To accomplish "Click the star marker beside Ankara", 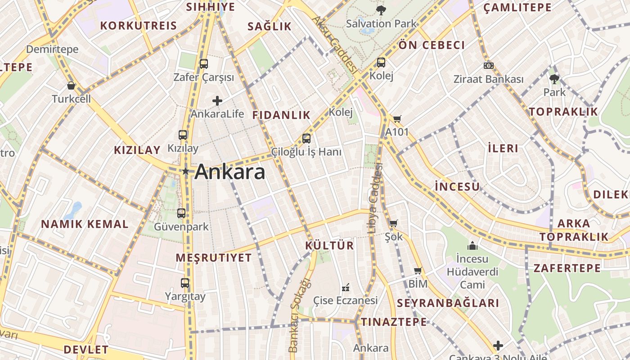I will (185, 171).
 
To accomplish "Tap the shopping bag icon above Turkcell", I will (71, 85).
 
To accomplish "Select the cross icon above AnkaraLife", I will (217, 101).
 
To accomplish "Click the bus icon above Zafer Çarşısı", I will (204, 64).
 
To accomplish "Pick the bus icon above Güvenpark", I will (181, 213).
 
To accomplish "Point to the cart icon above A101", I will (397, 119).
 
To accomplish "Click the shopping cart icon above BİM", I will (418, 271).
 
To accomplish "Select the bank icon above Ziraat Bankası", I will (489, 66).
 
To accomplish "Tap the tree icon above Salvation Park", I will (381, 10).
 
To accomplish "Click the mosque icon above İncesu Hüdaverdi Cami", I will (472, 246).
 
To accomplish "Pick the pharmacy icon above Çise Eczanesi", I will (346, 287).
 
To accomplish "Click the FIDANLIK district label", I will (281, 115).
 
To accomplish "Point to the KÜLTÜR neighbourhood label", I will (329, 246).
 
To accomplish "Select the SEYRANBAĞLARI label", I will (448, 303).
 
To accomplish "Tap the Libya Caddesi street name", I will (374, 198).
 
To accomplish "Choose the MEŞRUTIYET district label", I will (213, 258).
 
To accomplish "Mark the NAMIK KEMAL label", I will (85, 224).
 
